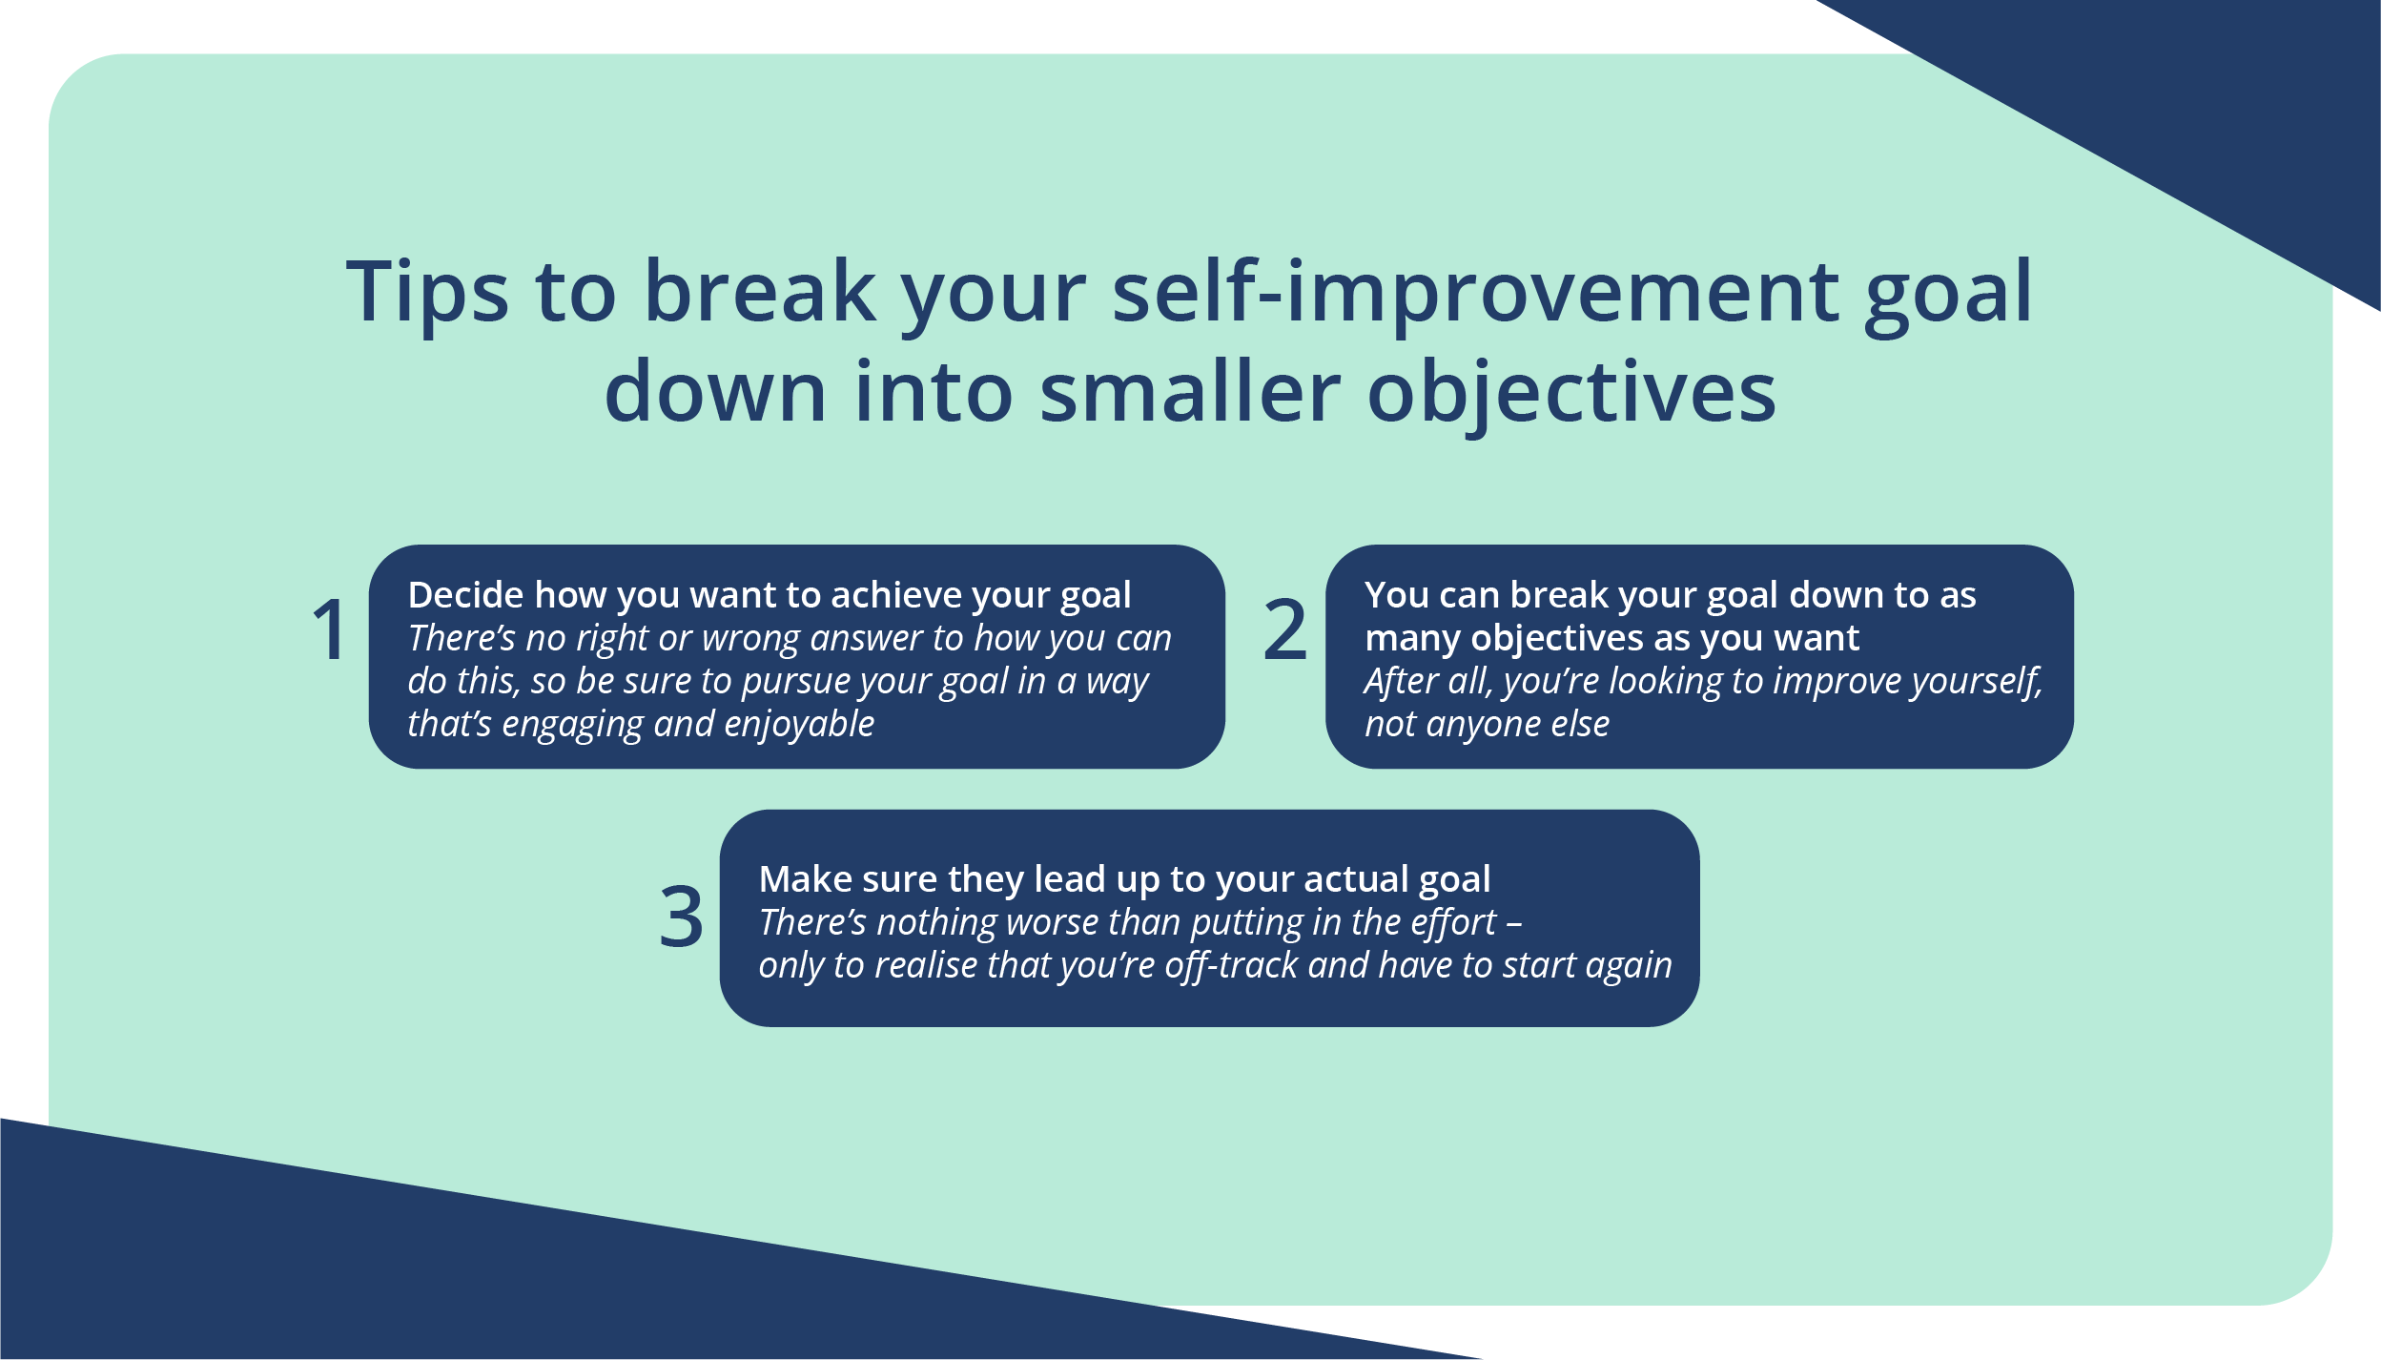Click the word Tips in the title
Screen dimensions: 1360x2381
click(426, 292)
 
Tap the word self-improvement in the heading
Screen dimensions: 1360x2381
click(1475, 292)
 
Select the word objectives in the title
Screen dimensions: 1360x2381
click(1570, 393)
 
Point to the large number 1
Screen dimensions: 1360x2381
click(330, 629)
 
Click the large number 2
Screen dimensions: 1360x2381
click(1284, 629)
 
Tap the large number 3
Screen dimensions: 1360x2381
click(681, 917)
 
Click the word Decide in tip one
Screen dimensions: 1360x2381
click(465, 595)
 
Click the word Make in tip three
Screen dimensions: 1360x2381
click(798, 879)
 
